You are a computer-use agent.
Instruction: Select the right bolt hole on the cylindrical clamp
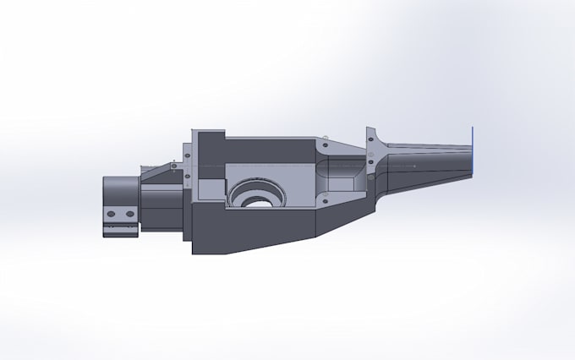(129, 215)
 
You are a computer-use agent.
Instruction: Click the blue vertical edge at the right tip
(472, 152)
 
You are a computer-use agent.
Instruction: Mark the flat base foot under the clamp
(120, 229)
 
